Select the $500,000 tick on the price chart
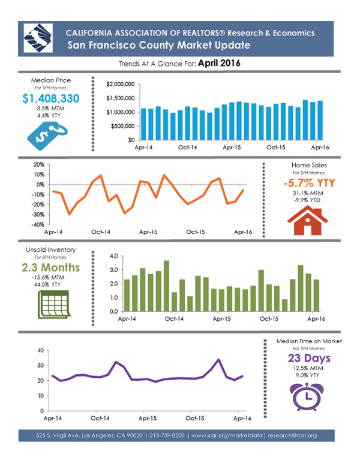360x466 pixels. (122, 126)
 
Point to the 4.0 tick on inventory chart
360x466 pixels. (115, 256)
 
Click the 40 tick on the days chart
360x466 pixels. (40, 350)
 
